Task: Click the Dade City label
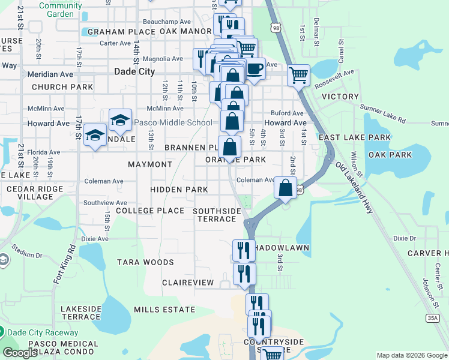[134, 71]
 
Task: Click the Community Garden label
[60, 10]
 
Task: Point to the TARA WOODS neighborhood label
[145, 262]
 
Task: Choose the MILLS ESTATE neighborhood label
[164, 310]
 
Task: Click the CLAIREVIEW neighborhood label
[188, 282]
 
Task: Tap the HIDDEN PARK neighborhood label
[179, 190]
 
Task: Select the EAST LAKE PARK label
[355, 137]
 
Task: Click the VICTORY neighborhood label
[340, 97]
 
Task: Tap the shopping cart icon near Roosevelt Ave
[298, 76]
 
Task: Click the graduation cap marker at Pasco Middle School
[120, 119]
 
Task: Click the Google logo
[20, 353]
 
